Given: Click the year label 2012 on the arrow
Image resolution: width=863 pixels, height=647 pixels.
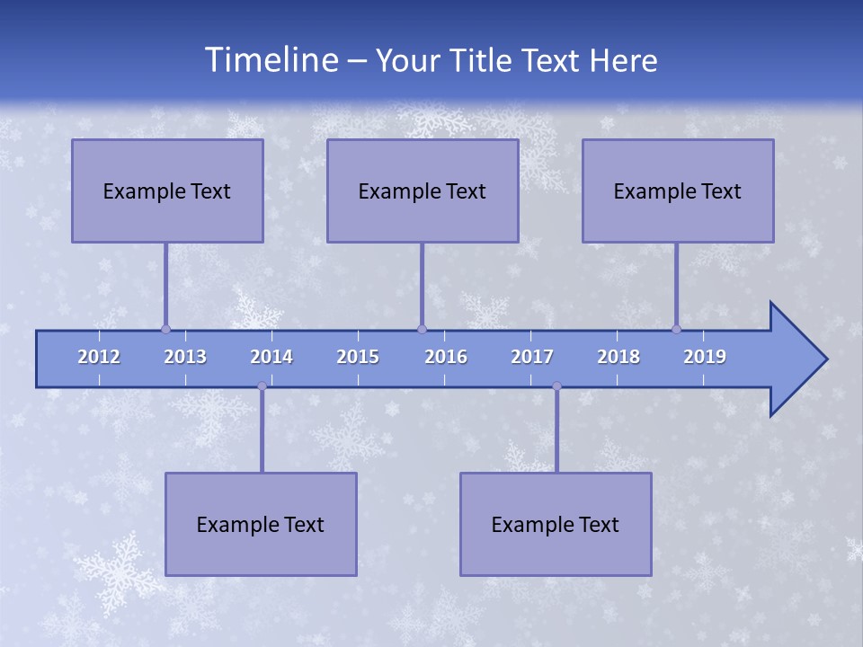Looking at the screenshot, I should tap(99, 357).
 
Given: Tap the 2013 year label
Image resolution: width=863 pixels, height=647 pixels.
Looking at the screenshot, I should tap(185, 357).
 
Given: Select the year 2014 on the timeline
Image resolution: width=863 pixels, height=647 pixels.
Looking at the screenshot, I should tap(271, 357).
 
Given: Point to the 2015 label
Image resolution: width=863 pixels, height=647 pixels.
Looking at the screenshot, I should tap(358, 357).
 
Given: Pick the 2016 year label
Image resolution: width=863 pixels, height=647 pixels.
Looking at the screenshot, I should tap(446, 357).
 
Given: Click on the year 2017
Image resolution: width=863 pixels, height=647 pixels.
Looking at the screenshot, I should tap(532, 357).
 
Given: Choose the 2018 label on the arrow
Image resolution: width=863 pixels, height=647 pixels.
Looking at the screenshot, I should tap(618, 357).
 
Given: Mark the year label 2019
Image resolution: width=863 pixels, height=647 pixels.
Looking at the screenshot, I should tap(705, 357).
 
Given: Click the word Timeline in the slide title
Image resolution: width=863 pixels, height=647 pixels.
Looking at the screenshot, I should tap(271, 60).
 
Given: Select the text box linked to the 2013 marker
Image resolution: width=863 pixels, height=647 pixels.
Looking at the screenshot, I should tap(167, 191).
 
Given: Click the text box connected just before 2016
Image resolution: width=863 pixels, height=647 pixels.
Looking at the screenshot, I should tap(423, 191).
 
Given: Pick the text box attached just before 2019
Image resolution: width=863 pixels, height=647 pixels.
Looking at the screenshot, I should tap(678, 191).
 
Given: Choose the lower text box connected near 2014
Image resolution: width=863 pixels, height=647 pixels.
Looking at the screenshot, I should tap(261, 524).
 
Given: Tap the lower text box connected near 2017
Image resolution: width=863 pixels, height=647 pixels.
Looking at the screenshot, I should tap(556, 524).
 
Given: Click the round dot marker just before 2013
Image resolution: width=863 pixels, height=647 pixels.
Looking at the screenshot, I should tap(165, 329).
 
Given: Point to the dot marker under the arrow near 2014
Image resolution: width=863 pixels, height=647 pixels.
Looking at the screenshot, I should tap(262, 386).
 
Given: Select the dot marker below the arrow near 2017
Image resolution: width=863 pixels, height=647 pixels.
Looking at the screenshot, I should tap(556, 386).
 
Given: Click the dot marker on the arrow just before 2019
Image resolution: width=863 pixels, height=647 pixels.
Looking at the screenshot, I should tap(676, 329).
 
